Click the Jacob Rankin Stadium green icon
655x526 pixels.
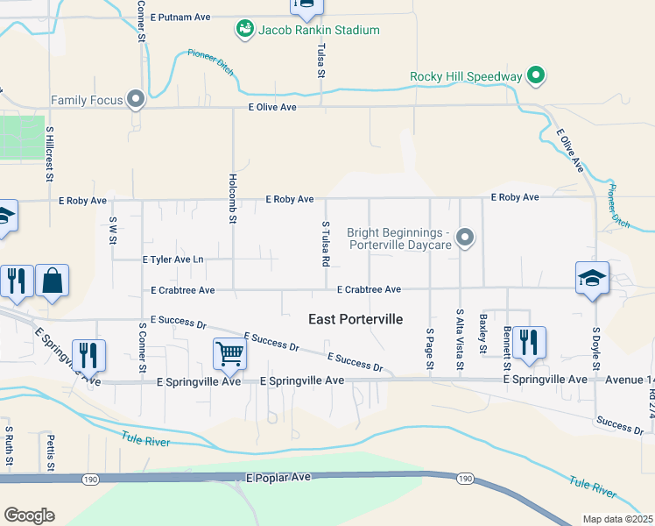pyautogui.click(x=244, y=30)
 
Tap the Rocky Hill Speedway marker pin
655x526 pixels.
pyautogui.click(x=536, y=76)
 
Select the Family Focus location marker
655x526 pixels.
pyautogui.click(x=136, y=100)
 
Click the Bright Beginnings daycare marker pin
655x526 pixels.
pyautogui.click(x=466, y=238)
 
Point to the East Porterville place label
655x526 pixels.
pyautogui.click(x=356, y=320)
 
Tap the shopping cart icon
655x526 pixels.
pyautogui.click(x=229, y=353)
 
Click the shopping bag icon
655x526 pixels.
pyautogui.click(x=52, y=281)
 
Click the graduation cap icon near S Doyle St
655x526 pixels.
pyautogui.click(x=592, y=278)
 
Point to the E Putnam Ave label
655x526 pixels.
pyautogui.click(x=180, y=17)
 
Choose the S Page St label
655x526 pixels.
pyautogui.click(x=430, y=348)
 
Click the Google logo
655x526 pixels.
pyautogui.click(x=29, y=515)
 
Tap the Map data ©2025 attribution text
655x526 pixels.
pyautogui.click(x=616, y=519)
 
